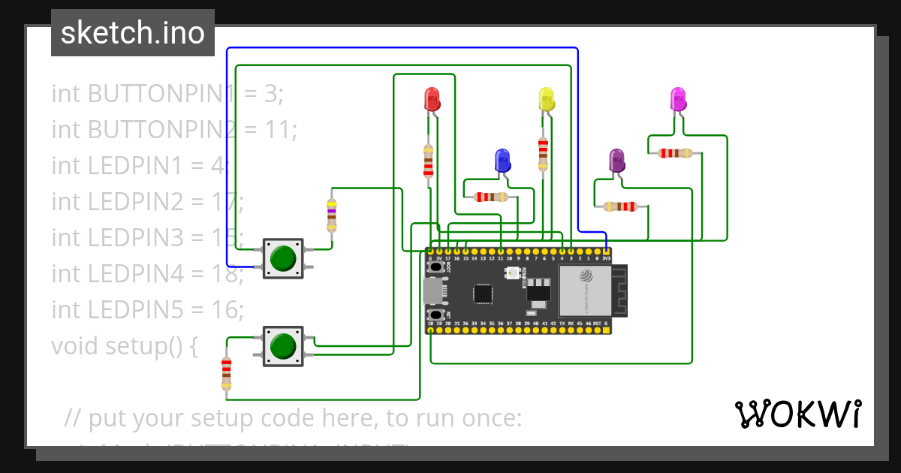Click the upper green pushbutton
283,258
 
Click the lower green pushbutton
283,346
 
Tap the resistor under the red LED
428,161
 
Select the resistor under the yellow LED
543,154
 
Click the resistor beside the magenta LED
675,153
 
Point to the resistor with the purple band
331,215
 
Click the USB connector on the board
433,290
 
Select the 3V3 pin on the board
606,251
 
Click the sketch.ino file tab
133,33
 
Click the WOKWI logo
797,414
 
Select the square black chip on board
483,294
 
